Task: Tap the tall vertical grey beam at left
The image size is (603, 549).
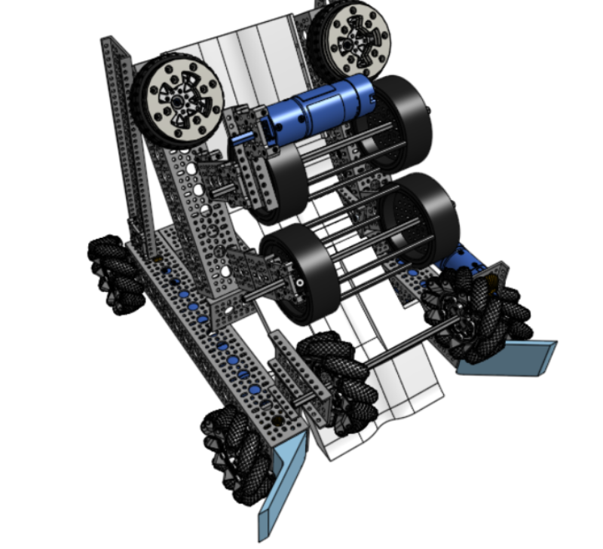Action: (x=124, y=143)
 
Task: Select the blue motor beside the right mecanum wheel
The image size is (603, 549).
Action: (x=464, y=260)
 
